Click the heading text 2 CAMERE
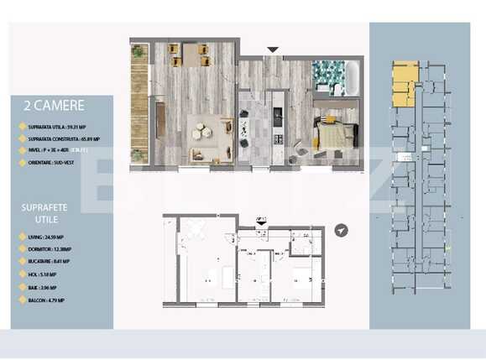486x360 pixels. pos(55,107)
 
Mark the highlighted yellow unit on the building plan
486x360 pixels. pos(405,83)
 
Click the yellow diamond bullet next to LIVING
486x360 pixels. pos(22,238)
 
